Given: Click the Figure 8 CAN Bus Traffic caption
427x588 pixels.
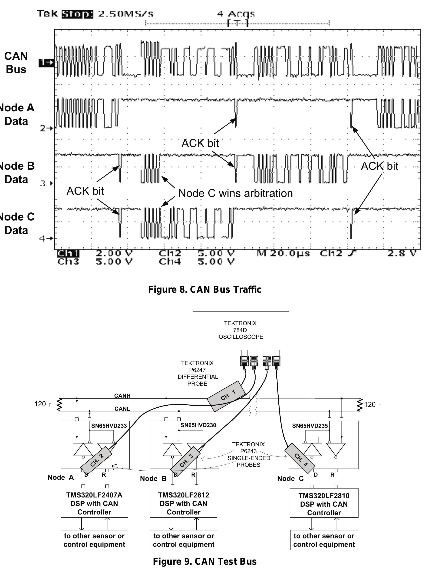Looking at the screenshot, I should click(205, 289).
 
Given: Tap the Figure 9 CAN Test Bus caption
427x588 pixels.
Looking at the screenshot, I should click(205, 561).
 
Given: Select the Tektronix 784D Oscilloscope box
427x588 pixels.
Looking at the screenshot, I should click(241, 331).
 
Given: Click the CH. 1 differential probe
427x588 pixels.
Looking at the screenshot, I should click(226, 396).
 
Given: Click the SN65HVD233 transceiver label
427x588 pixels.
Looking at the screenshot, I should click(109, 426).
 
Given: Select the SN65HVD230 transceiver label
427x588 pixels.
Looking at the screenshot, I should click(198, 425).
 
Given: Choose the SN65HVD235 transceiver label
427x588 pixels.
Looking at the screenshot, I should click(310, 426).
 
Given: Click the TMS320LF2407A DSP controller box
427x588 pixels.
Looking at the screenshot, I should click(94, 503).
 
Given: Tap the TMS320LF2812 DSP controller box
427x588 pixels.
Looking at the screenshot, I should click(184, 503).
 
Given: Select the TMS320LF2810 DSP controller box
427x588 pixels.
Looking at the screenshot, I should click(324, 504).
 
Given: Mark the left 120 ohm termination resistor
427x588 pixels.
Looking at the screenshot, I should click(59, 404).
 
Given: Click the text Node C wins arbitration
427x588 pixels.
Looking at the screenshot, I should click(235, 193).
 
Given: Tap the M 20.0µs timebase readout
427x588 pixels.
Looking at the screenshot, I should click(283, 253).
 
